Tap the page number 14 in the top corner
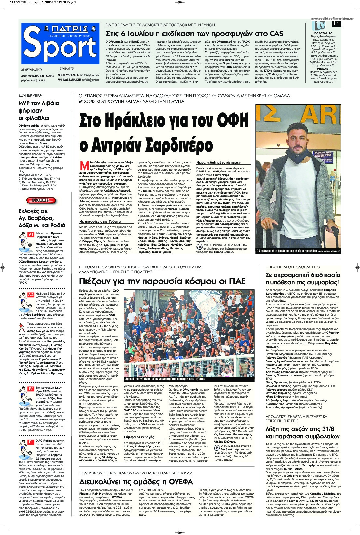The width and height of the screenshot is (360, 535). tap(336, 23)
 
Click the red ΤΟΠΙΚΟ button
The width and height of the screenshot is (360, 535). tap(41, 200)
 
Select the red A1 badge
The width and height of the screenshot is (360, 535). tap(31, 234)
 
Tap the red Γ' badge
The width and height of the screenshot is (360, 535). tap(31, 442)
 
